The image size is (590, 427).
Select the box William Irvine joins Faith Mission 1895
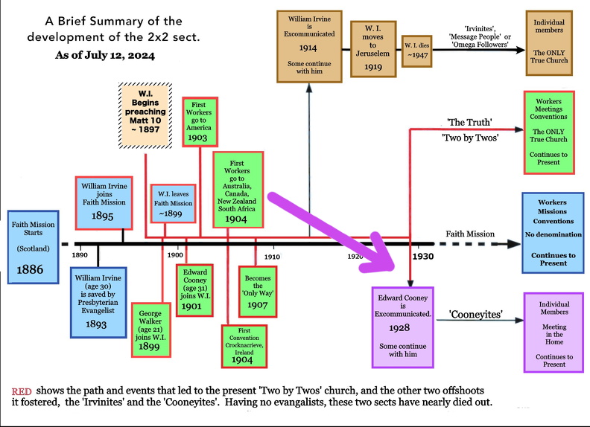click(x=104, y=202)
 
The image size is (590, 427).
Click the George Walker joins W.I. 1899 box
click(x=155, y=330)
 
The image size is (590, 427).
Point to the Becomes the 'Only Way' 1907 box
click(x=257, y=289)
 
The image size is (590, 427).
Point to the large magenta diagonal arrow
click(x=329, y=231)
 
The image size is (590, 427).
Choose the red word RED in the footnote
click(x=21, y=392)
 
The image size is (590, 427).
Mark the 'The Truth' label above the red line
click(x=467, y=121)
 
